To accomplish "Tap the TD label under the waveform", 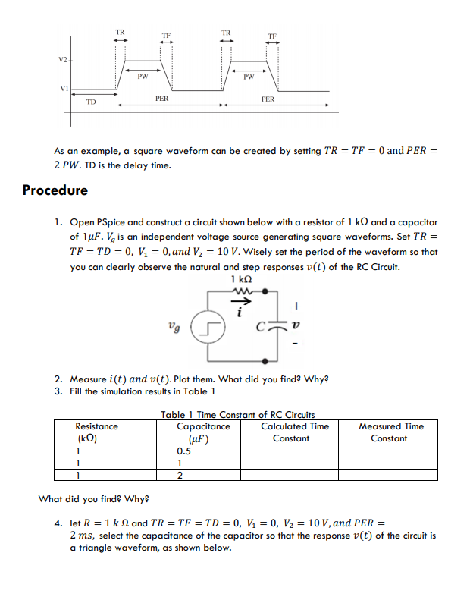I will point(90,101).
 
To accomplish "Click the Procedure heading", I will point(55,190).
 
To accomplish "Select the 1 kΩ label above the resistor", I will point(243,283).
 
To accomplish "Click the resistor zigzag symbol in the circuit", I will point(243,294).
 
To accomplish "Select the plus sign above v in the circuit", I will point(296,307).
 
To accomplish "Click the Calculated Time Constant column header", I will point(294,432).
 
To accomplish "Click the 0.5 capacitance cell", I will point(183,451).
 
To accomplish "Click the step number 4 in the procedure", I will point(58,523).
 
